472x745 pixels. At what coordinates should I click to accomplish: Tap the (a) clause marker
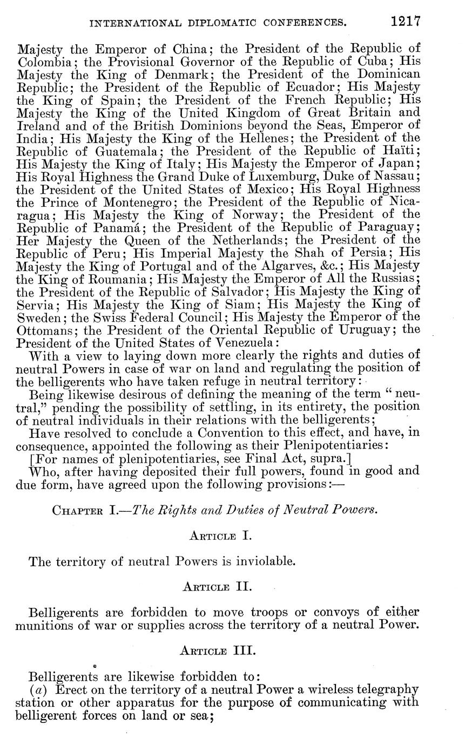click(37, 690)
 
